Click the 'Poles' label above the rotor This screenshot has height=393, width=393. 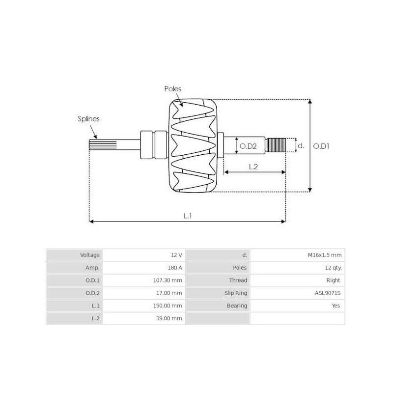point(172,89)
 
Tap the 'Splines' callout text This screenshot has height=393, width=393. point(88,118)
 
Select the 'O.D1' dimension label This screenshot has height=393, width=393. point(321,146)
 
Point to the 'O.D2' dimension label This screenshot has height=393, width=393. point(248,146)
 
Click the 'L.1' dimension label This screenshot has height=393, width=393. point(188,215)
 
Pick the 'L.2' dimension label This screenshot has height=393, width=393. point(253,167)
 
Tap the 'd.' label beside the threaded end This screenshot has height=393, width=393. point(302,145)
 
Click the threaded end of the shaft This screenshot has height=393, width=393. point(277,145)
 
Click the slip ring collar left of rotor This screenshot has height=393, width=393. point(147,145)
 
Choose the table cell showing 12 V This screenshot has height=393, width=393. point(176,255)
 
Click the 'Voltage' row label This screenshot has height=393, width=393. point(90,255)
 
